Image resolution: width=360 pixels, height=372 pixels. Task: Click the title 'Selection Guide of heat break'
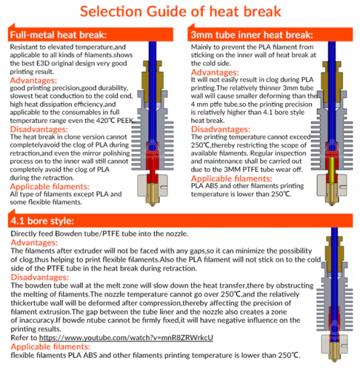point(181,11)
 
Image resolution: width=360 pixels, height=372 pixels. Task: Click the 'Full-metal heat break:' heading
point(58,35)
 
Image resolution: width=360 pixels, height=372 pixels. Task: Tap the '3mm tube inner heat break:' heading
point(252,35)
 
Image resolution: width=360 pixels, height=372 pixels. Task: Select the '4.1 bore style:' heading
point(42,221)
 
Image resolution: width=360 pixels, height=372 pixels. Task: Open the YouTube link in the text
point(126,338)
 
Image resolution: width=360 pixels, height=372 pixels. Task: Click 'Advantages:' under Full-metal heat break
point(34,80)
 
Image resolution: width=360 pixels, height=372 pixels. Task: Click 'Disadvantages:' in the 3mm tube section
point(221,129)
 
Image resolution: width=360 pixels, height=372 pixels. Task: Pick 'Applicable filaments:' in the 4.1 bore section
point(50,347)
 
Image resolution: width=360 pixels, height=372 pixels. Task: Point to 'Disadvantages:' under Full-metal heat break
point(39,129)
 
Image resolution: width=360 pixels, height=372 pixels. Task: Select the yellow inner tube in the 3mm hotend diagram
point(332,169)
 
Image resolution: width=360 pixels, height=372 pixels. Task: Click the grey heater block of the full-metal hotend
point(152,185)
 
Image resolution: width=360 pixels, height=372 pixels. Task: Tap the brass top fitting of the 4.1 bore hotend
point(334,248)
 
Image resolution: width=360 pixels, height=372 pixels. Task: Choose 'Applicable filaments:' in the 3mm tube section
point(232,178)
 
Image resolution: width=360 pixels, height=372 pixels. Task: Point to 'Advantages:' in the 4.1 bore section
point(34,242)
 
